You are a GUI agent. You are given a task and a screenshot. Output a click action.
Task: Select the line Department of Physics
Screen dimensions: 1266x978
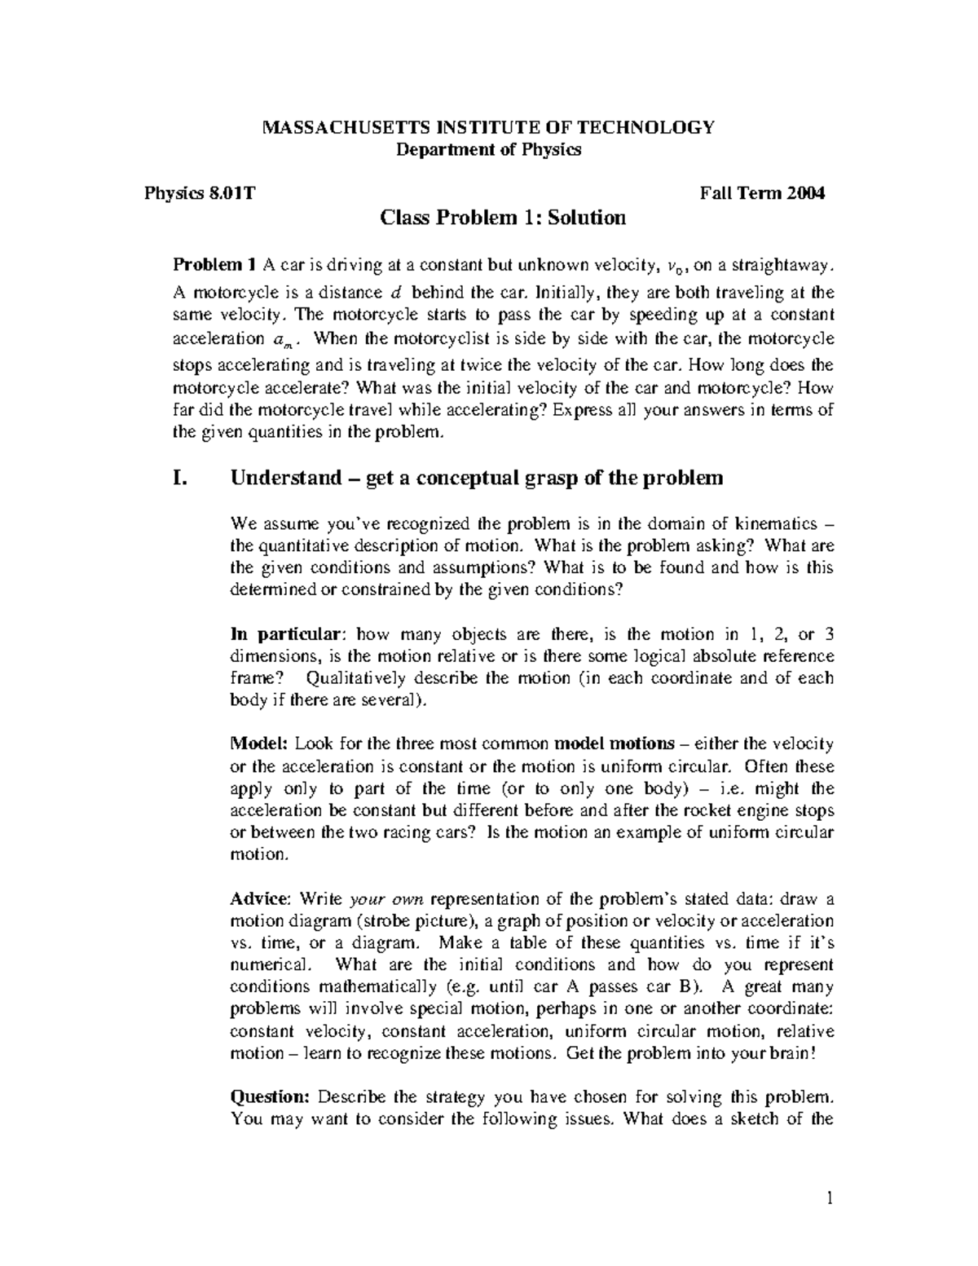coord(488,150)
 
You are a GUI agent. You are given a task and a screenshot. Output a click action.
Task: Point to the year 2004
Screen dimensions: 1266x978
coord(806,194)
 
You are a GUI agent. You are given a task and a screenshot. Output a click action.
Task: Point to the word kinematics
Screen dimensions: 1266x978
coord(769,523)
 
